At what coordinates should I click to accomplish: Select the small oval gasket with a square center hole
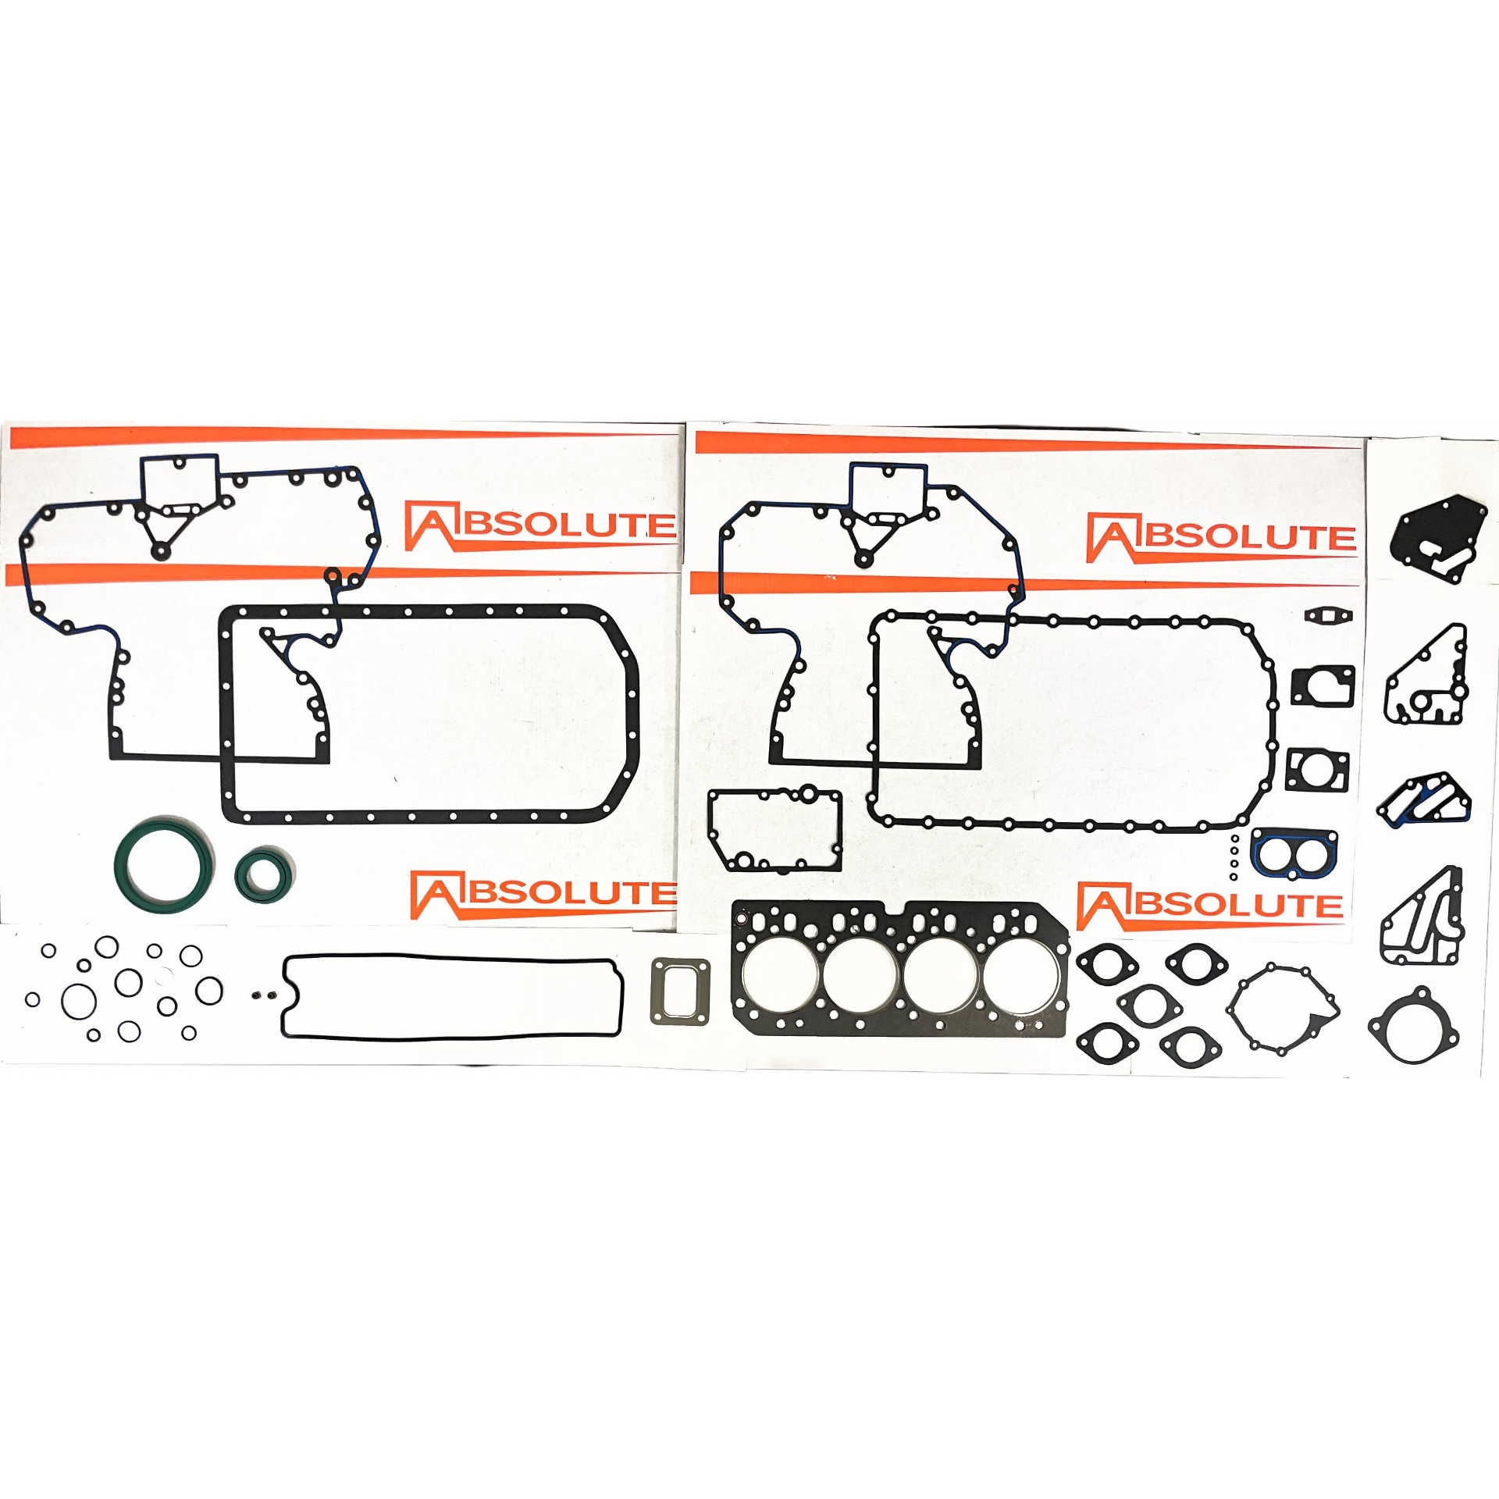pos(1330,614)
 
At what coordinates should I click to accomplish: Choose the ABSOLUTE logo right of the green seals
pos(543,894)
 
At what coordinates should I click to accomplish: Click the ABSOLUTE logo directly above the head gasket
pos(1210,906)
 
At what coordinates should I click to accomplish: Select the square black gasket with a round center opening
pos(1290,769)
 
